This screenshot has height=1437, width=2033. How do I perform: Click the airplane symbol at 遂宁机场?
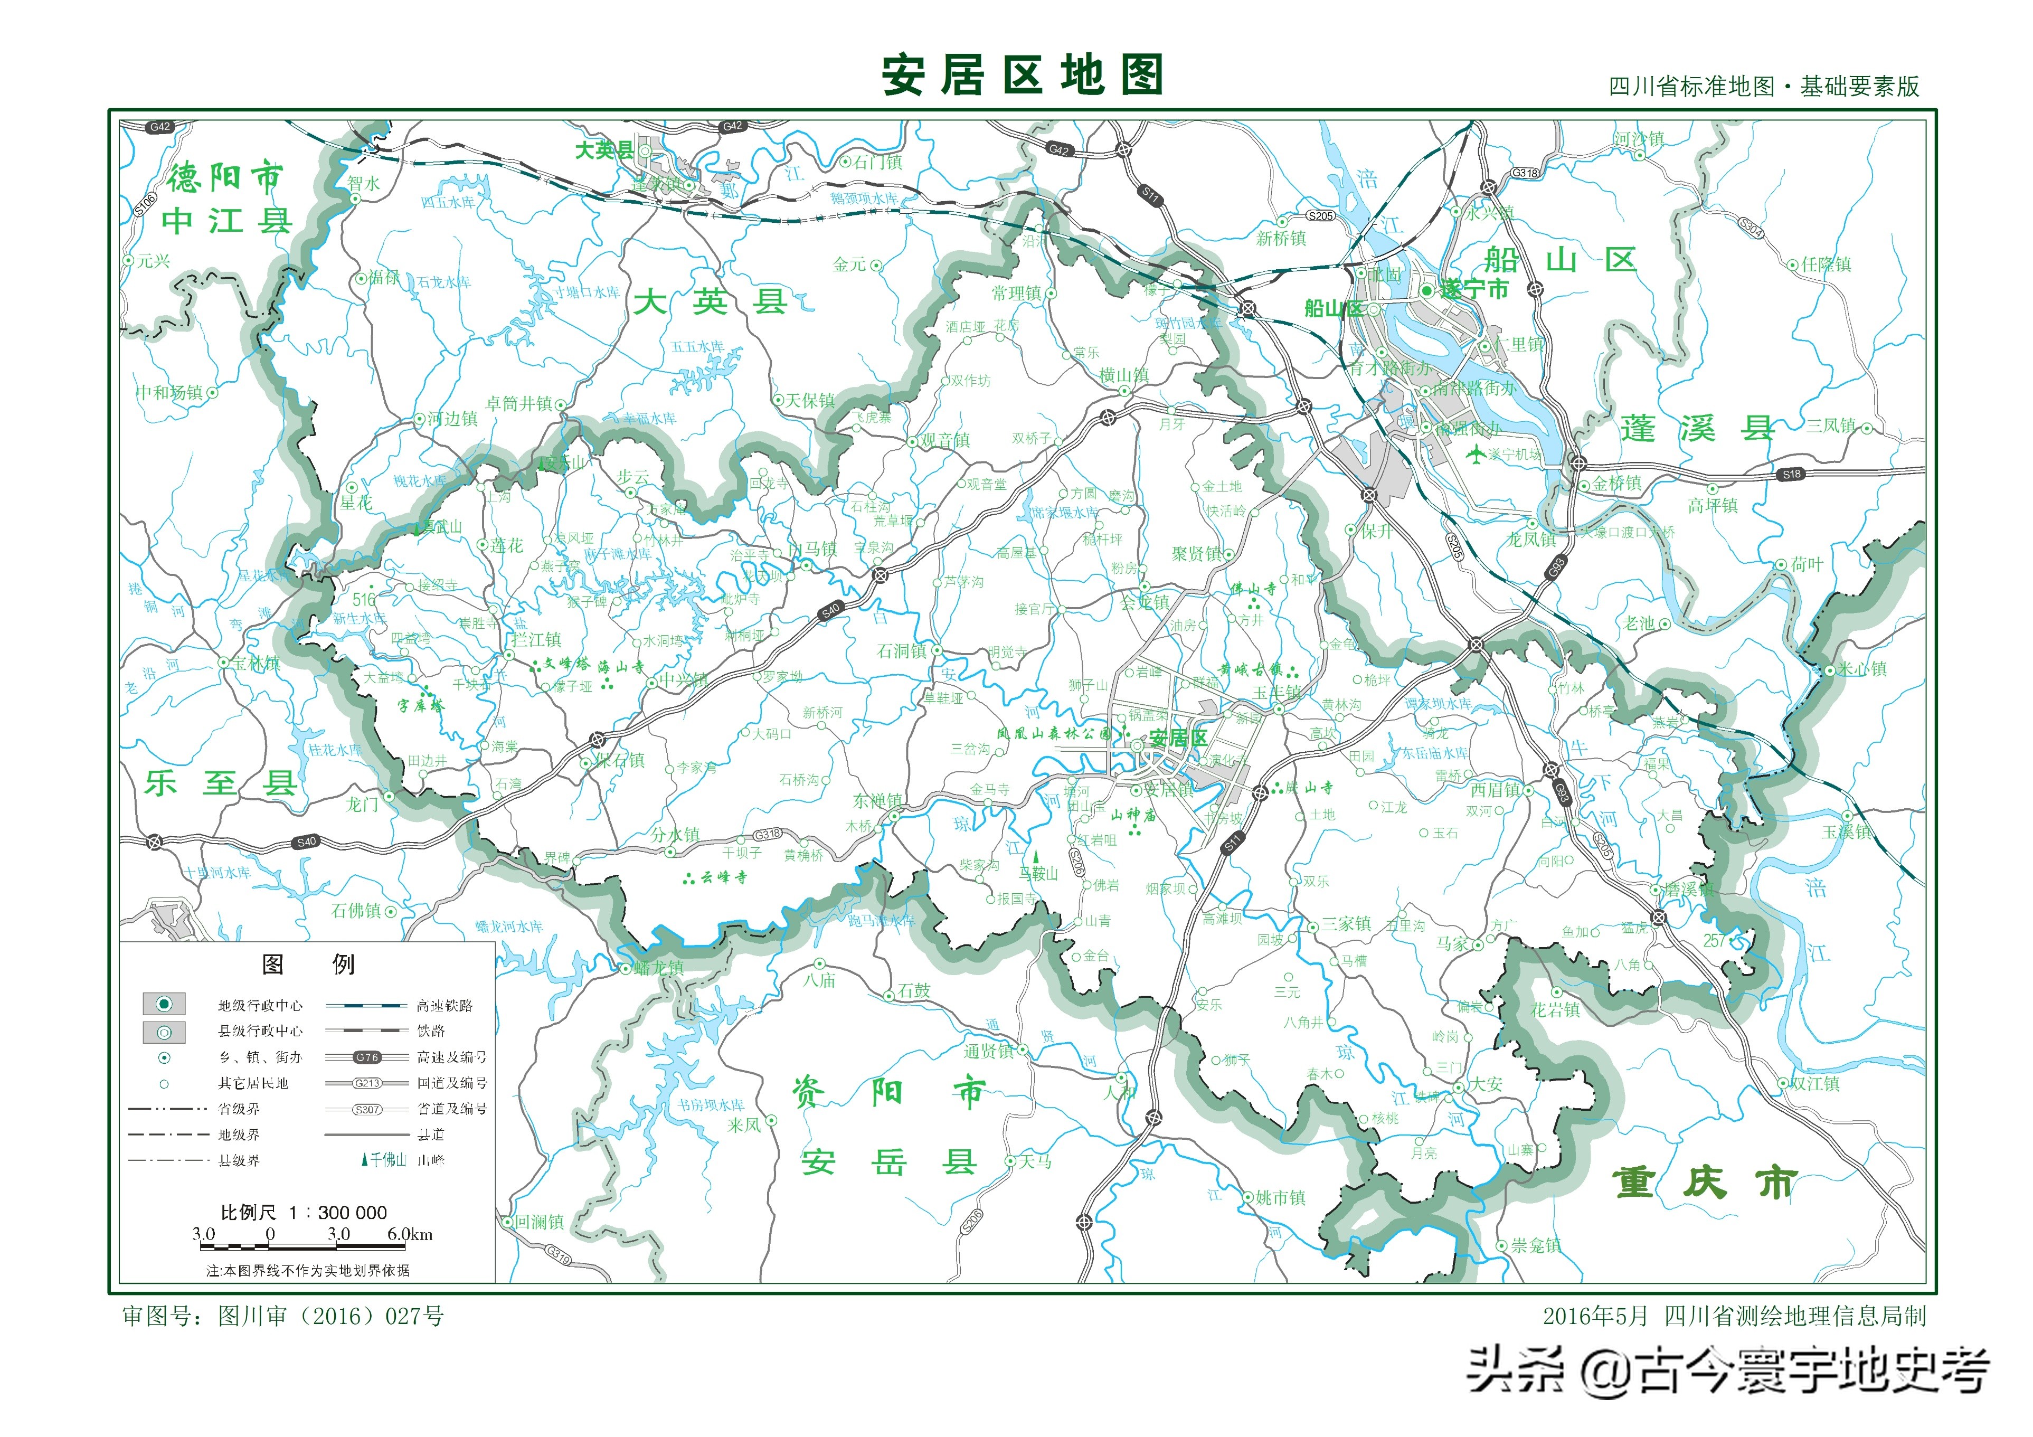click(x=1475, y=454)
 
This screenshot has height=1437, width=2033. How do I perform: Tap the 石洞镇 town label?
click(x=901, y=651)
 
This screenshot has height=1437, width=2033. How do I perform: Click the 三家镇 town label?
click(x=1346, y=923)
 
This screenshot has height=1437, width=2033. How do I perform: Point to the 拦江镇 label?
click(x=536, y=639)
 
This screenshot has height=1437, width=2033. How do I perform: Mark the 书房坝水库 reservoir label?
click(x=711, y=1105)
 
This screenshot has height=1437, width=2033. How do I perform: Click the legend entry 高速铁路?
click(x=445, y=1005)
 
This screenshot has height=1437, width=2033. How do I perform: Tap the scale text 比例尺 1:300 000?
click(x=304, y=1211)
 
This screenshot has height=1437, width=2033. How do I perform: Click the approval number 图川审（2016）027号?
click(x=283, y=1316)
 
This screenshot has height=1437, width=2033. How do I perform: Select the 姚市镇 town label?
click(x=1280, y=1197)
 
